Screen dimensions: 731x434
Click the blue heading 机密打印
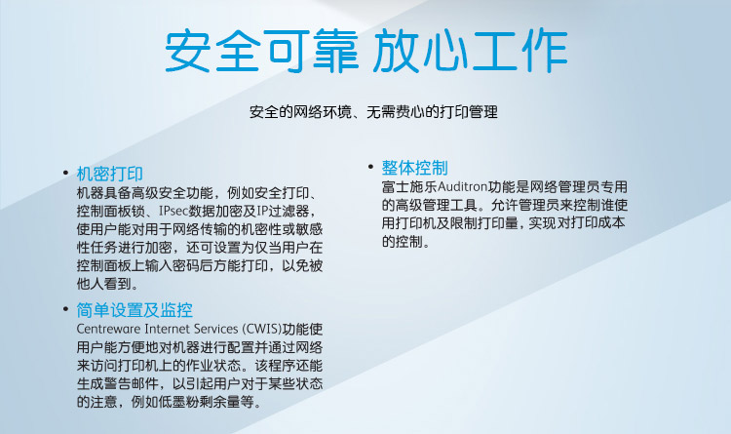[109, 174]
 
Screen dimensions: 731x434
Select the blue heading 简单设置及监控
[135, 310]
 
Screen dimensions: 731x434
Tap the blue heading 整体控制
[414, 168]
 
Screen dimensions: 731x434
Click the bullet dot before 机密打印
[65, 174]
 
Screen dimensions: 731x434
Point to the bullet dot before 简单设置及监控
[65, 308]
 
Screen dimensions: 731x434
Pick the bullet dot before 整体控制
[370, 166]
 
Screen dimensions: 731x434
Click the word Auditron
[462, 186]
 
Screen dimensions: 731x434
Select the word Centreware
[108, 329]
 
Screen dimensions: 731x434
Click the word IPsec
[173, 211]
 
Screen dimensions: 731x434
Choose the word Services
[215, 329]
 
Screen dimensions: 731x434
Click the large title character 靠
[335, 51]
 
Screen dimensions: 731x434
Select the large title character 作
[544, 51]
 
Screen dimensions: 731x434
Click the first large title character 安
[187, 51]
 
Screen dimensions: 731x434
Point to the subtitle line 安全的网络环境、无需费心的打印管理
[373, 112]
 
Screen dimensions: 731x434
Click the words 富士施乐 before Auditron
[409, 186]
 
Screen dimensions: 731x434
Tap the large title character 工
[494, 51]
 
